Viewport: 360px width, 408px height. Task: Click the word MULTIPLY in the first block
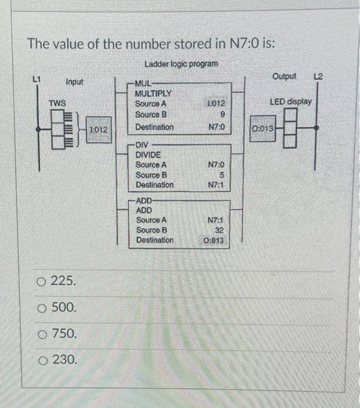coord(153,93)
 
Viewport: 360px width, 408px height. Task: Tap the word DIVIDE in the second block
coord(149,155)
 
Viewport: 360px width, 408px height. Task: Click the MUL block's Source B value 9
coord(223,115)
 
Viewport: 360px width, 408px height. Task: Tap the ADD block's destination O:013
coord(214,241)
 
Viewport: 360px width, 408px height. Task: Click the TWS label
coord(57,103)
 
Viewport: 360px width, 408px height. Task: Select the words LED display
coord(291,101)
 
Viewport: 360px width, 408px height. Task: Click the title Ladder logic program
coord(181,63)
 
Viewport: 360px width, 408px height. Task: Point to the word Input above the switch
coord(74,82)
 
